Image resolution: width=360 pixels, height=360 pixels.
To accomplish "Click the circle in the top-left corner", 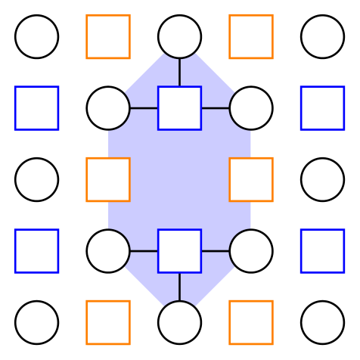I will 36,36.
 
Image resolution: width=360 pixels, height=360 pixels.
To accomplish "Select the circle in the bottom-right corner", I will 322,322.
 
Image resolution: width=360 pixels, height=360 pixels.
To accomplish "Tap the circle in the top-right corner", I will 322,36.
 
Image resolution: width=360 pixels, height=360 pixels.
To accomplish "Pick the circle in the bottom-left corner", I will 36,322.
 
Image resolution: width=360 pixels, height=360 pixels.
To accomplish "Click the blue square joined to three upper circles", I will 179,108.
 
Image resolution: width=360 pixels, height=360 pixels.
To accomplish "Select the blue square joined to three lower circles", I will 179,250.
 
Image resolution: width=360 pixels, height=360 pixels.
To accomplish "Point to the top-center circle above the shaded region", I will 179,36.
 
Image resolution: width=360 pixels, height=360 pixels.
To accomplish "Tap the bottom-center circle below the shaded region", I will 179,322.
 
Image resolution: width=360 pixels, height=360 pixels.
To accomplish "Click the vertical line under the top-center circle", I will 179,72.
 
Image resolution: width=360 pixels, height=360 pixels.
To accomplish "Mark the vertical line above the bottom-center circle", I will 179,287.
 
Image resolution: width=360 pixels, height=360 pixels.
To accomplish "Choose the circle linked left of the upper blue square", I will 108,108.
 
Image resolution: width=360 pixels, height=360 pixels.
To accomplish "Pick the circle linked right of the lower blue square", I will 250,250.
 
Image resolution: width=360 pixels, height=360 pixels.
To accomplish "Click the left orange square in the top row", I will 108,36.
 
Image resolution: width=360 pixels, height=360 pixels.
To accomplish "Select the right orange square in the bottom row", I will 250,322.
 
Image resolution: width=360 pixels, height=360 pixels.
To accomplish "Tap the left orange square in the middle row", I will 108,179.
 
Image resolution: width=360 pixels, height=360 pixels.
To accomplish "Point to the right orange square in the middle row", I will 250,179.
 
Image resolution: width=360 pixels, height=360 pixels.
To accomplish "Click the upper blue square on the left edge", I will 36,108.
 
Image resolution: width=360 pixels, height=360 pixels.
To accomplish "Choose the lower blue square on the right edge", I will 322,250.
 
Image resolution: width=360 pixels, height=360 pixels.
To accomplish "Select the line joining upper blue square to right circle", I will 215,108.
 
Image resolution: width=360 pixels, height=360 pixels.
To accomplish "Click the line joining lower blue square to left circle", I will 144,250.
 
